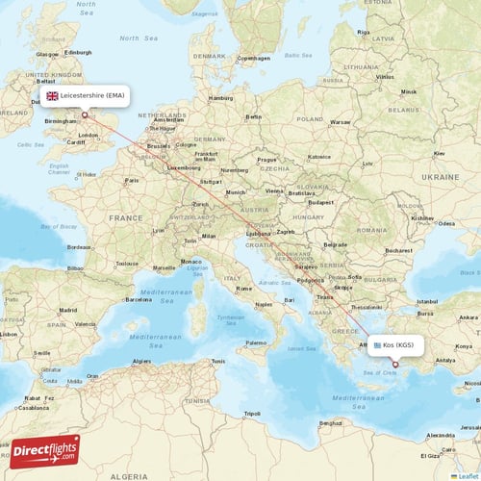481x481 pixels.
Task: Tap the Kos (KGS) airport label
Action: tap(398, 344)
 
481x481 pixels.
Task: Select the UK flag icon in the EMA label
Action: tap(52, 96)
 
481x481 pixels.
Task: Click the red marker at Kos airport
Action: tap(394, 364)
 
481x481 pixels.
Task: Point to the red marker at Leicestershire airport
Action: tap(85, 114)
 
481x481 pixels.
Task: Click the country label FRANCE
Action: tap(125, 218)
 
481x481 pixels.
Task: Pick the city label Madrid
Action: tap(67, 310)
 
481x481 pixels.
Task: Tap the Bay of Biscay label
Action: tap(55, 225)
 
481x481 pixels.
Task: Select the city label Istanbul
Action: tap(427, 301)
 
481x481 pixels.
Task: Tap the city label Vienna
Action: tap(274, 190)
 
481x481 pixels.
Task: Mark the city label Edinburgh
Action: tap(78, 52)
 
